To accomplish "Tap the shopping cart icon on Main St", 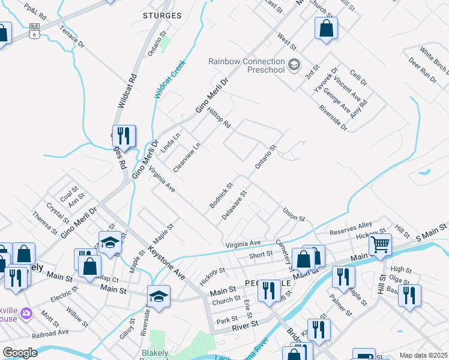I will (x=380, y=244).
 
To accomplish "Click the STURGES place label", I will (x=163, y=15).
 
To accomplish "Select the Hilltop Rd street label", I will (x=219, y=118).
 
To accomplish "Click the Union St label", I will (x=294, y=214).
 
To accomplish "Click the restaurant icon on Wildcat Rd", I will (x=124, y=136).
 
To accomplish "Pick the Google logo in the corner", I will (x=20, y=352).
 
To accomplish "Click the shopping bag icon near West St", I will (x=326, y=28).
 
